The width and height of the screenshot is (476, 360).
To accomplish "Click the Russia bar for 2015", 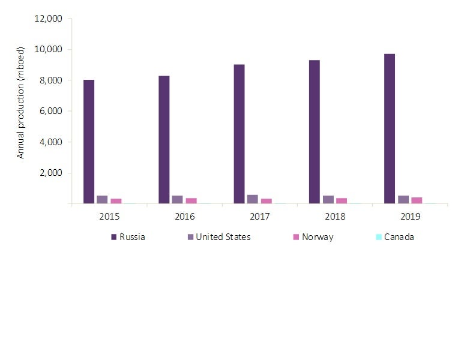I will pos(89,142).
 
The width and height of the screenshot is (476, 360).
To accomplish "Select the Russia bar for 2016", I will pos(164,140).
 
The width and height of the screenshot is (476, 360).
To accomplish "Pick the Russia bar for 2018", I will pos(314,132).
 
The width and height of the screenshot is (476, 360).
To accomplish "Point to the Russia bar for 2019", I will pos(389,129).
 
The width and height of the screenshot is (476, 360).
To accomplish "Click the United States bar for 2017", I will pos(253,199).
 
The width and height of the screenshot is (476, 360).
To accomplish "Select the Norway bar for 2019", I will pos(417,200).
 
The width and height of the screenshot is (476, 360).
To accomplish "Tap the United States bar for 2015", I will pos(102,200).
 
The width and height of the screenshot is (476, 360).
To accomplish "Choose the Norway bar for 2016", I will pos(191,201).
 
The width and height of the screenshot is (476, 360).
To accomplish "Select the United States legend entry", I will pos(217,237).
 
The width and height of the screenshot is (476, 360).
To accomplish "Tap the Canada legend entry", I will pos(394,237).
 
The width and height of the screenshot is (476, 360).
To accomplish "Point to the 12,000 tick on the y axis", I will pos(50,19).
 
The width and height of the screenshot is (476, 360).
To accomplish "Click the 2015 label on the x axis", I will pos(109,215).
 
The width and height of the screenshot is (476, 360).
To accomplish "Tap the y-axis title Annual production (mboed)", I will pos(21,111).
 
